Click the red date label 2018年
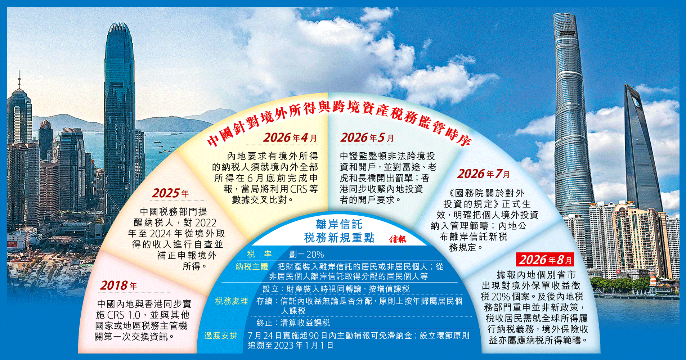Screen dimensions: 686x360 point(118,285)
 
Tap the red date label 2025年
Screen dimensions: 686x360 point(170,193)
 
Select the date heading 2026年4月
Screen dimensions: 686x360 point(290,138)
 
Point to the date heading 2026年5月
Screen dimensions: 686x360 point(367,138)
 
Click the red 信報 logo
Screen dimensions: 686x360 point(398,239)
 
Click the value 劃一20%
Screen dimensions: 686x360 point(306,255)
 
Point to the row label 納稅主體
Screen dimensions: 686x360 point(252,267)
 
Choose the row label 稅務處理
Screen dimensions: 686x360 point(232,301)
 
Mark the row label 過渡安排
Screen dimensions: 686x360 point(221,336)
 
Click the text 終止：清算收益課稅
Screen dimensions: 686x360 point(293,323)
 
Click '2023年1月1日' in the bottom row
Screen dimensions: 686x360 point(304,346)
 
